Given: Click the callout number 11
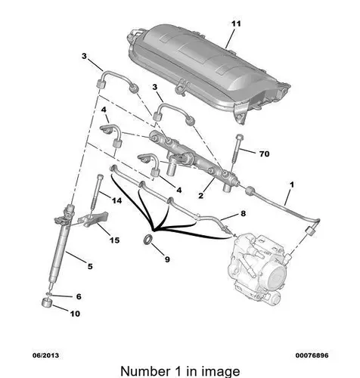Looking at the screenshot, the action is pos(236,23).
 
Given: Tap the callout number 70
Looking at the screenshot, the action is pos(264,153).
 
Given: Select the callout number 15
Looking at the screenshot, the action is pos(114,240).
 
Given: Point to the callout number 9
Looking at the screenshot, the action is pos(167,259).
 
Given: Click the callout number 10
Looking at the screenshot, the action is pos(75,314).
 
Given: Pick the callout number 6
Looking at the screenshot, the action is pos(79,296).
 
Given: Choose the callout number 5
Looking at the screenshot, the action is pos(90,266).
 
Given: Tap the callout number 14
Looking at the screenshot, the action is pos(116,200).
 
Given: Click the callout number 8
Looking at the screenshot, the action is pos(243,214).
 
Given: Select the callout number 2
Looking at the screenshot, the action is pos(200,196).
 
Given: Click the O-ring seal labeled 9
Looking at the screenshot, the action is pos(148,240).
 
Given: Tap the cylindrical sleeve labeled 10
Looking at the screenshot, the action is pos(46,302).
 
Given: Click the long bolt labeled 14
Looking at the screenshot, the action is pos(96,192).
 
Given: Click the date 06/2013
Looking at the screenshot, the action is pos(45,355).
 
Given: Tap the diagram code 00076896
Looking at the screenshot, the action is pos(312,355).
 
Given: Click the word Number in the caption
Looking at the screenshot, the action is pos(145,371).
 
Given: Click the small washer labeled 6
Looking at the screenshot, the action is pos(49,294).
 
